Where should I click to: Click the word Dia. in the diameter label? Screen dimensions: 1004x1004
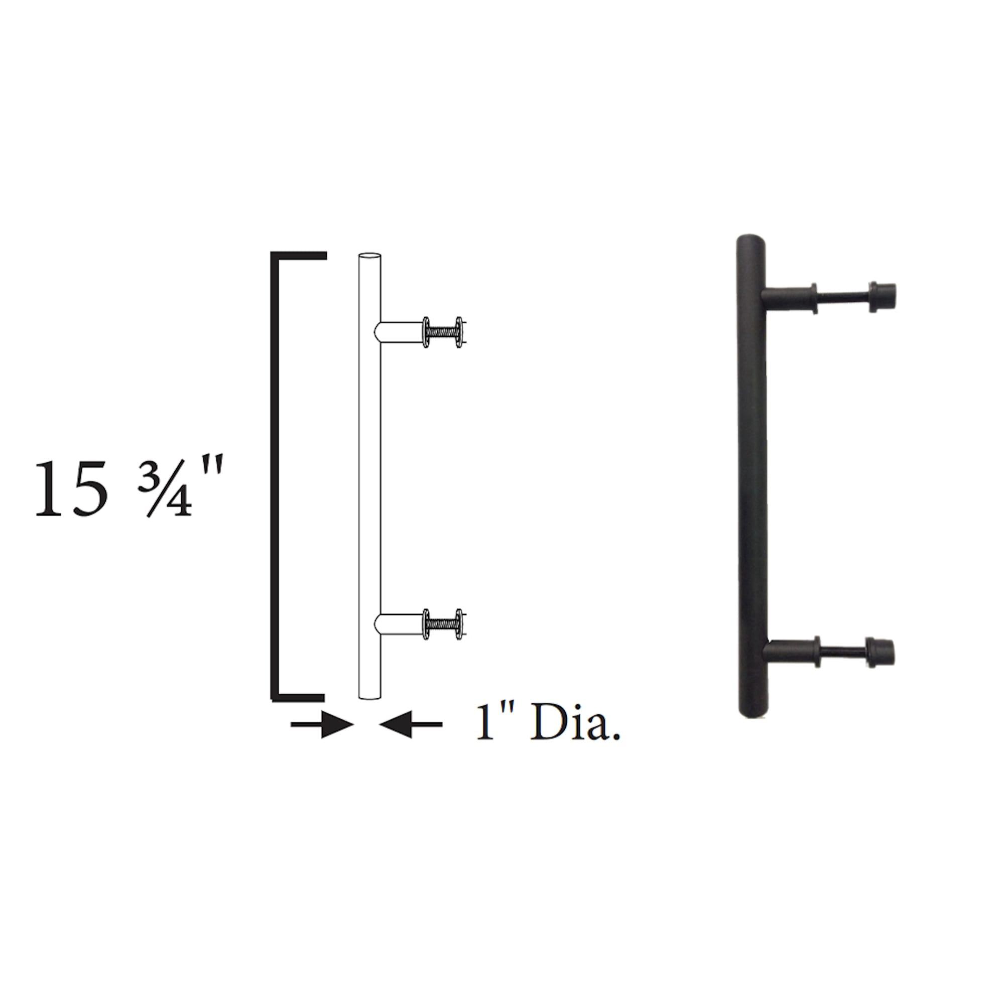point(576,723)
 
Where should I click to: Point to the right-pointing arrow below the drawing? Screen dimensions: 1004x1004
point(322,724)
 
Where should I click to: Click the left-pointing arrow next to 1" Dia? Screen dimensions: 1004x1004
point(411,724)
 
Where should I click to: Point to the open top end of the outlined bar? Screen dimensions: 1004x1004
point(370,256)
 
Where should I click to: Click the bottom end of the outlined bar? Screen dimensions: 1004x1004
point(370,696)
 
